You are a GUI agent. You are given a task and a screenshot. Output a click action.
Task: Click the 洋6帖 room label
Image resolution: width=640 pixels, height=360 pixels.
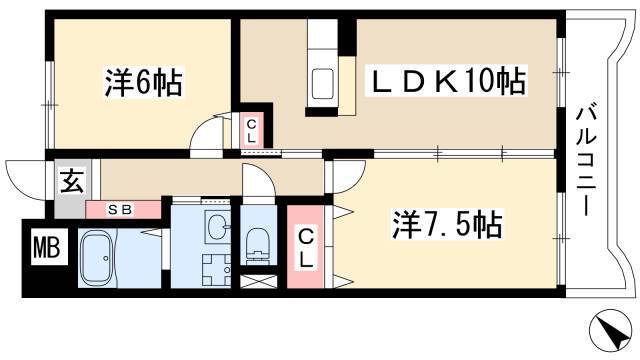tap(143, 83)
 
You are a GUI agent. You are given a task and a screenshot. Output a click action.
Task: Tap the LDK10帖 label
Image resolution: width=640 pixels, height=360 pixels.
tap(446, 81)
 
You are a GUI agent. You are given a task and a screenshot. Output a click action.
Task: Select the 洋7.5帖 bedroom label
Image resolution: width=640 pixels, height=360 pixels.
tap(447, 224)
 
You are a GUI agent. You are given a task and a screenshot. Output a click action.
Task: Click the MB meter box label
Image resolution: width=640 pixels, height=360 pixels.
tap(47, 247)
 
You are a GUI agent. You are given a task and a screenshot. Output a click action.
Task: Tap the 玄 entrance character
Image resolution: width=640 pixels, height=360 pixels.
tap(73, 182)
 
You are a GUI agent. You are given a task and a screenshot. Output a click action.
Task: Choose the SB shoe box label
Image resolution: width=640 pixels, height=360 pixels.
tap(121, 210)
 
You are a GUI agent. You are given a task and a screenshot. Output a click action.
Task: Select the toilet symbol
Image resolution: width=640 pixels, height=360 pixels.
tap(257, 246)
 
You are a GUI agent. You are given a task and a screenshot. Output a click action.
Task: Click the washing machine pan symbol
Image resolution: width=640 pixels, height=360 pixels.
tap(216, 270)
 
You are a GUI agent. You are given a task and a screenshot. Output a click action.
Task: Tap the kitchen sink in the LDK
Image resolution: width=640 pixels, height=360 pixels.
tap(322, 84)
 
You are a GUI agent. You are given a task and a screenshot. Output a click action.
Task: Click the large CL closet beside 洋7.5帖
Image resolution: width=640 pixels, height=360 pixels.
tap(306, 247)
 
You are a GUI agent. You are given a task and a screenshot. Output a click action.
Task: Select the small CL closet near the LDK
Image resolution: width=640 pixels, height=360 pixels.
tap(251, 131)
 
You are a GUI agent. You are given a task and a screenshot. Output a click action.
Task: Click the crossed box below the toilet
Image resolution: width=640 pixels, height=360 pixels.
tap(258, 281)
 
